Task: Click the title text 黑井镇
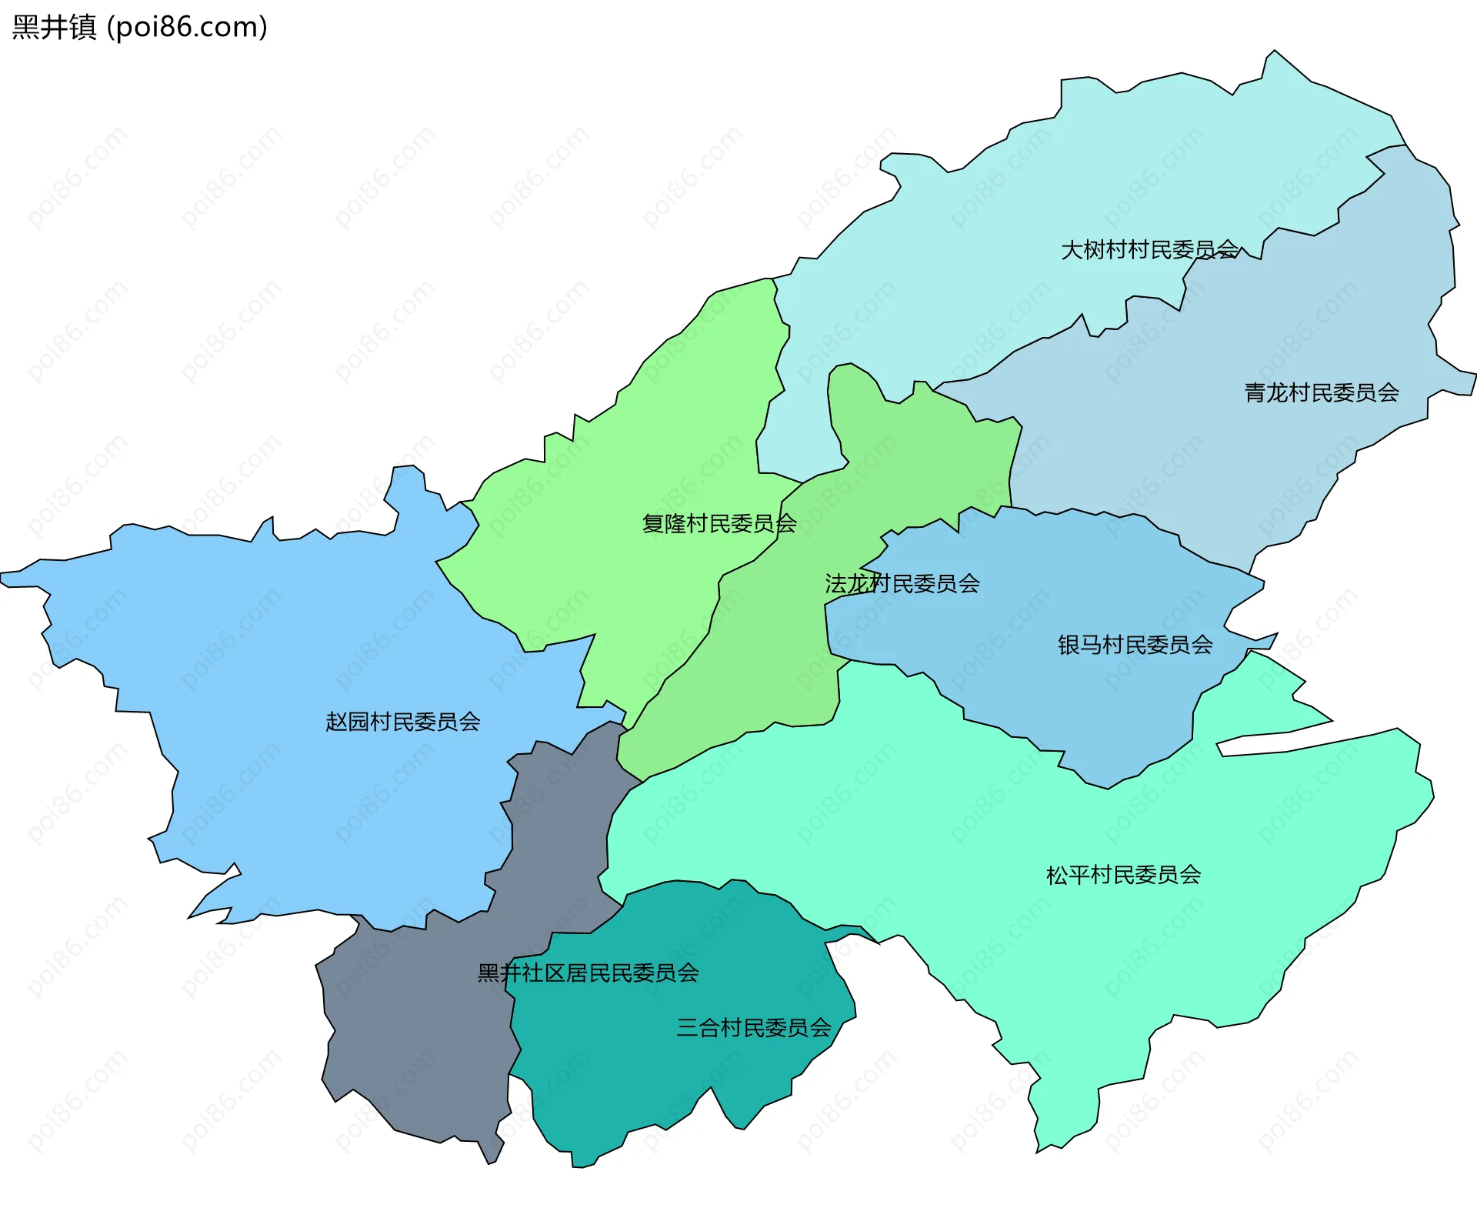point(54,27)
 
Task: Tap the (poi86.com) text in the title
point(188,27)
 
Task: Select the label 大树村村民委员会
point(1149,249)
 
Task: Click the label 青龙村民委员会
point(1321,392)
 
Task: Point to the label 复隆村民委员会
point(718,523)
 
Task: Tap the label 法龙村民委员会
point(902,583)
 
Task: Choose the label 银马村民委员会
point(1135,644)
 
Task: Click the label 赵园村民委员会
point(402,721)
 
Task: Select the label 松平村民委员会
point(1123,874)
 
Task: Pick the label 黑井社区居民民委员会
point(588,973)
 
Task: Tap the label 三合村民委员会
point(753,1027)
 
